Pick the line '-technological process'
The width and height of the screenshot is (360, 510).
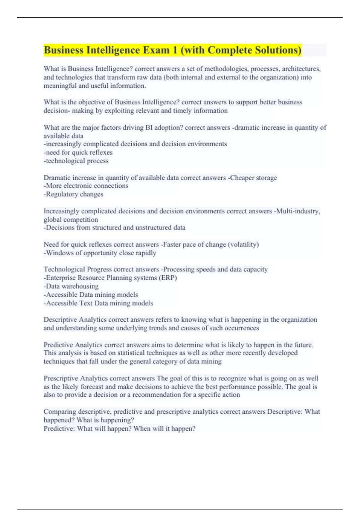76,161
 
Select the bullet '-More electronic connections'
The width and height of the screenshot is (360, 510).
86,186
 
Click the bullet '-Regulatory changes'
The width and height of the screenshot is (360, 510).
73,194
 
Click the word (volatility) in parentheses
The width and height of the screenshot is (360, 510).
243,244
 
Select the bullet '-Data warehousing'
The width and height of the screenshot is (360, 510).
71,286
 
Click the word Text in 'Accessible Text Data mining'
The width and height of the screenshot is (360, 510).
86,303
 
